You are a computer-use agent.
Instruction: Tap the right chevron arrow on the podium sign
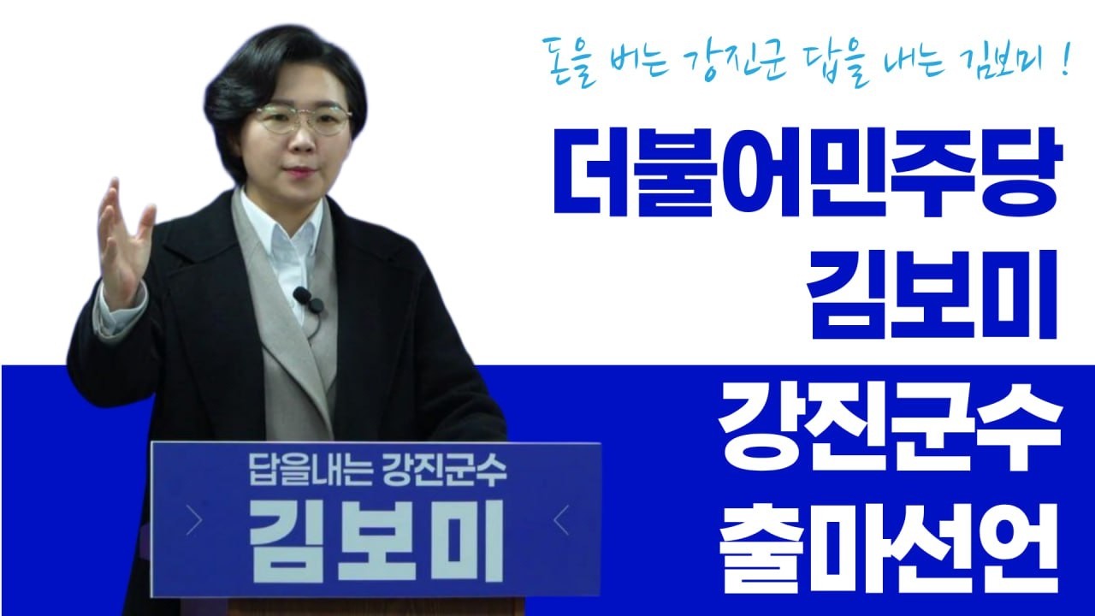[x=561, y=520]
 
